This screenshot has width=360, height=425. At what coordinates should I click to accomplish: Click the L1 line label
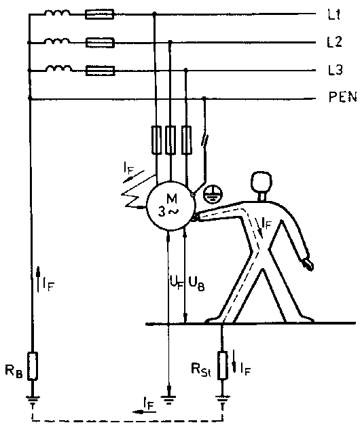coord(334,14)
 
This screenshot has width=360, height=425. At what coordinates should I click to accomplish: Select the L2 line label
coord(335,42)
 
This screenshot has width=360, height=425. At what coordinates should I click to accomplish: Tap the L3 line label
coord(336,70)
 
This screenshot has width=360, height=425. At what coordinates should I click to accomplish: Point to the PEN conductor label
coord(342,97)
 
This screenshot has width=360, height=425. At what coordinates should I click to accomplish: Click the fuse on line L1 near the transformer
coord(99,14)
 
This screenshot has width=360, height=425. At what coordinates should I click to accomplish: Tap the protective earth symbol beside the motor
coord(213,195)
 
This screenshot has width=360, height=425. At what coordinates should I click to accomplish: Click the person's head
coord(261,182)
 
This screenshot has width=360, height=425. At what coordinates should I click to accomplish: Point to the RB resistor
coord(33,366)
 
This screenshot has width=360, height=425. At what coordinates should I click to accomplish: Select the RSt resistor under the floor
coord(223,365)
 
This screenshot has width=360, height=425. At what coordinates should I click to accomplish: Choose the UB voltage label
coord(196,284)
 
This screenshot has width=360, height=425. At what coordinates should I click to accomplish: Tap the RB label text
coord(14,371)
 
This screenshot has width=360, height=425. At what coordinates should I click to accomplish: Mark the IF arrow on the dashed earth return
coord(144,412)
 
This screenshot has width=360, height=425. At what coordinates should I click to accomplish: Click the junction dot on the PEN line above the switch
coord(204,98)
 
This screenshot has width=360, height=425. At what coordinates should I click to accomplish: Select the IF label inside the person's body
coord(266,224)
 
